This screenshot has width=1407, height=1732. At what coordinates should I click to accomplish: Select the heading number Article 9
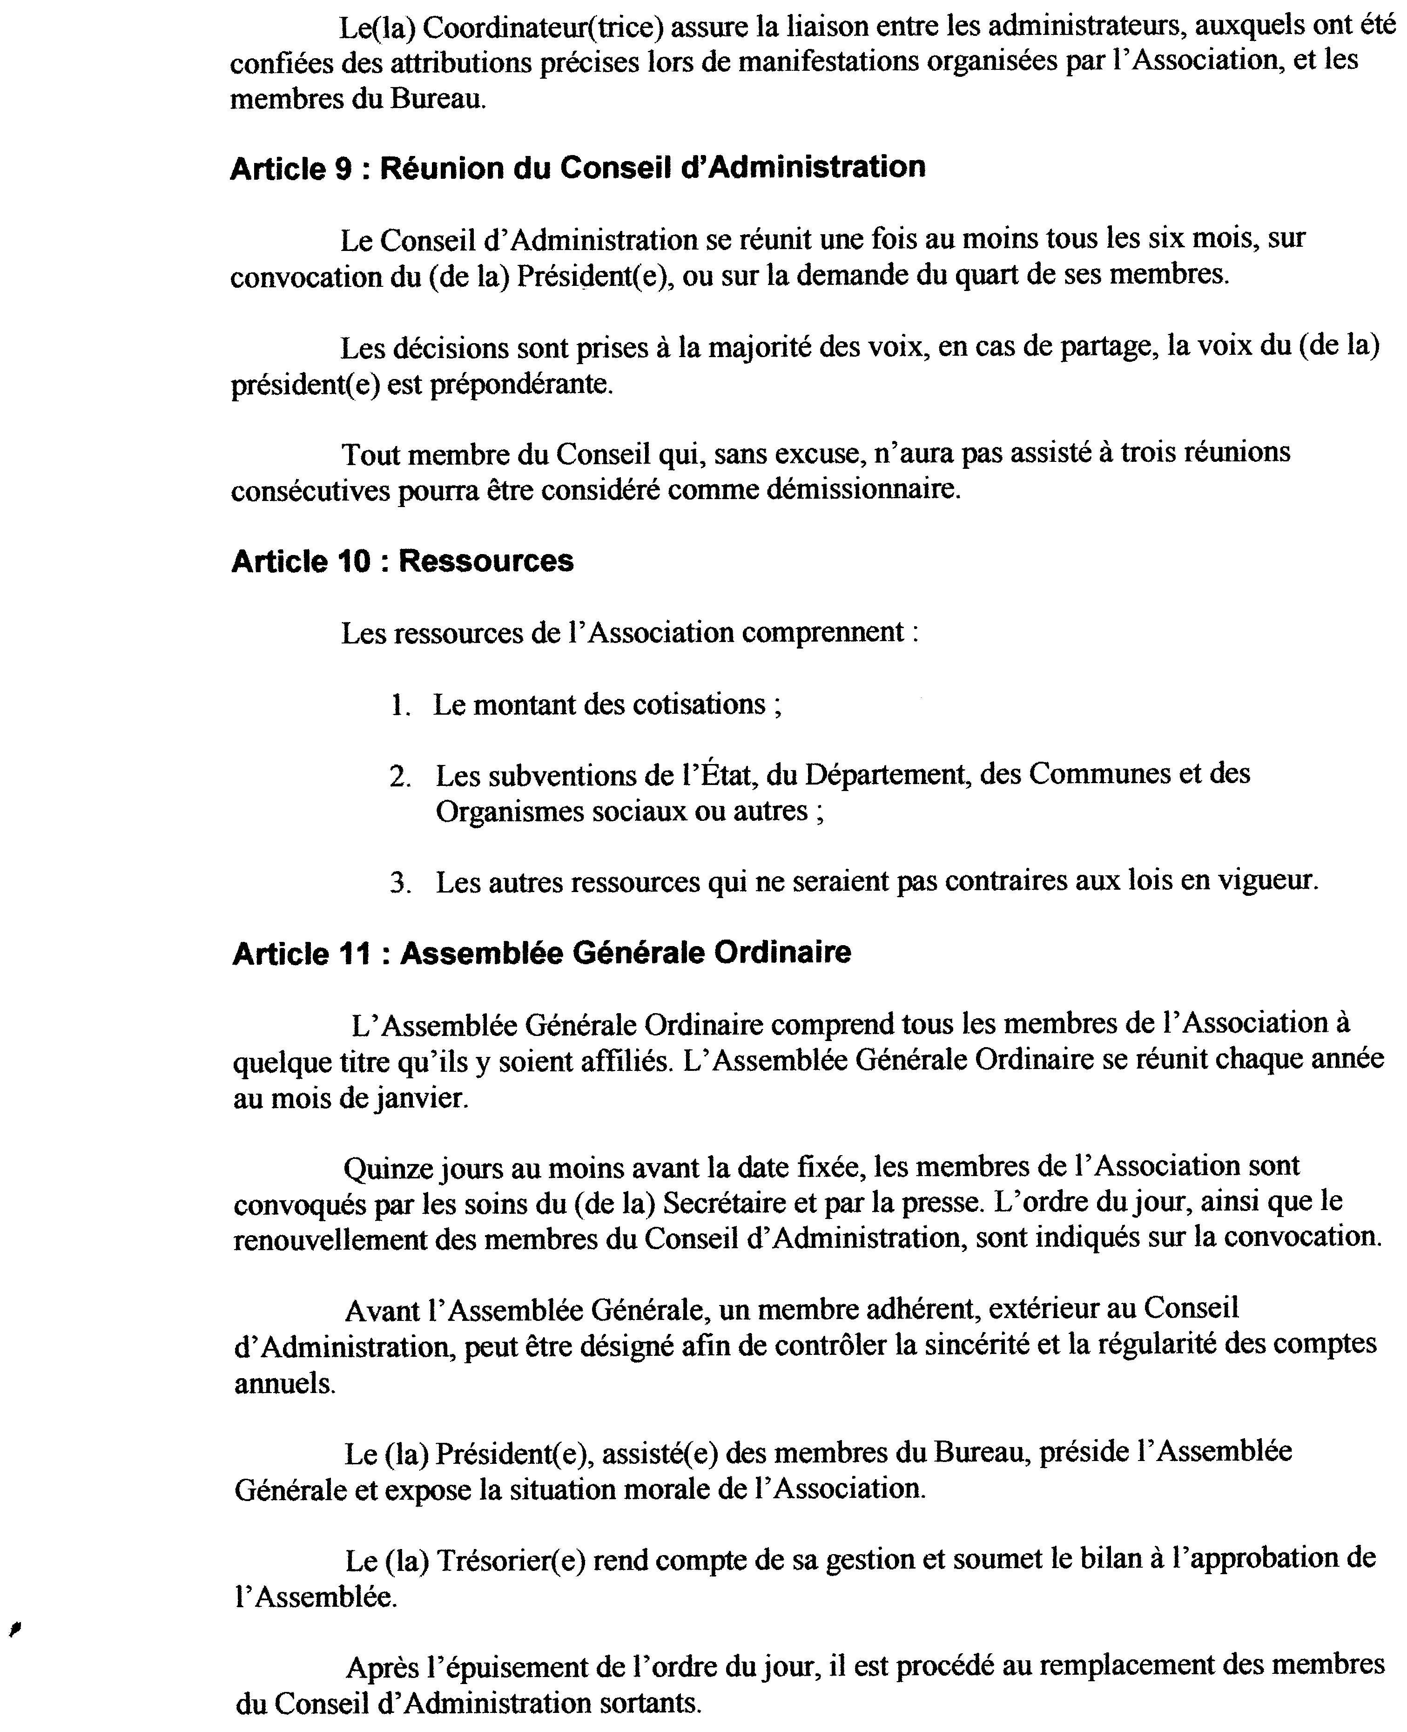[x=290, y=168]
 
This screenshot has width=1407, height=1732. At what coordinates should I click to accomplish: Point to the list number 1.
[x=398, y=705]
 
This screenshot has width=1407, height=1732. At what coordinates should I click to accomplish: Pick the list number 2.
[x=399, y=777]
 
